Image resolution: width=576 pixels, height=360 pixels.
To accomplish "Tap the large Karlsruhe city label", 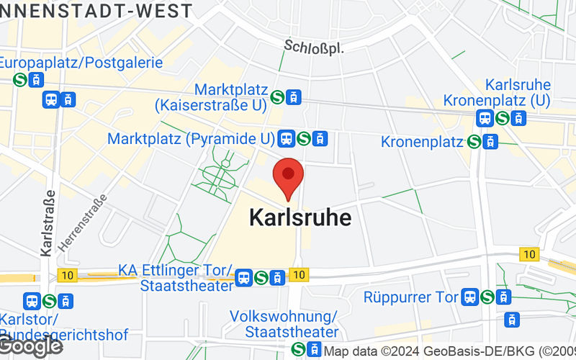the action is pyautogui.click(x=300, y=217).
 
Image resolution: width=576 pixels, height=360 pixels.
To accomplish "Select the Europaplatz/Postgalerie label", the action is pyautogui.click(x=81, y=63).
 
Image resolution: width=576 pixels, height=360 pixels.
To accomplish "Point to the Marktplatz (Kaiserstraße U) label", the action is pyautogui.click(x=210, y=97).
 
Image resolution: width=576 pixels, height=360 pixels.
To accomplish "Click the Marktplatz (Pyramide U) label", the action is pyautogui.click(x=192, y=138).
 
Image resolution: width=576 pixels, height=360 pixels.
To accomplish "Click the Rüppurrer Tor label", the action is pyautogui.click(x=411, y=297).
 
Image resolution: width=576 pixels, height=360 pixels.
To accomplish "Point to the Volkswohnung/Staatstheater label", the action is pyautogui.click(x=284, y=324).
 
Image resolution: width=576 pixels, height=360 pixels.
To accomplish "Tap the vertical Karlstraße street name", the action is pyautogui.click(x=49, y=223).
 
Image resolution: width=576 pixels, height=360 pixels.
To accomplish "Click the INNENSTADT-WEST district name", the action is pyautogui.click(x=96, y=11).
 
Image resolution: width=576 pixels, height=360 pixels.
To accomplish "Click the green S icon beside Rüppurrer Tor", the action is pyautogui.click(x=487, y=296).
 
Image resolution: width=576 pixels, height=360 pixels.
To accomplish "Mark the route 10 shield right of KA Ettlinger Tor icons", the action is pyautogui.click(x=298, y=274).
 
